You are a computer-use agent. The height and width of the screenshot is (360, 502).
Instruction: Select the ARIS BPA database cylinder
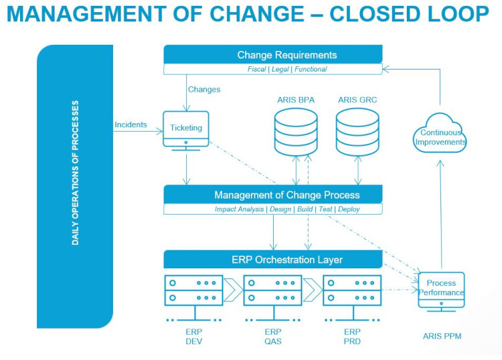[296, 132]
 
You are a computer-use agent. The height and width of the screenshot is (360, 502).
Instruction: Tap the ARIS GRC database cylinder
[357, 132]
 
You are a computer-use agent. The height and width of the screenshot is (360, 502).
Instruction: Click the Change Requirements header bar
[273, 54]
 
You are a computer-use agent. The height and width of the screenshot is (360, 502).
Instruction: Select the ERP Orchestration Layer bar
[273, 259]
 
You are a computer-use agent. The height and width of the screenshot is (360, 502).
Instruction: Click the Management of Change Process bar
[273, 194]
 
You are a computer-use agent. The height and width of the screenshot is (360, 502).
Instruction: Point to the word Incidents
[131, 124]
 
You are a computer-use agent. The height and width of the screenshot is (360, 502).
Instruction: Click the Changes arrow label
[204, 89]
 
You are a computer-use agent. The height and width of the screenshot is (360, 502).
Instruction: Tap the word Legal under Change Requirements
[280, 69]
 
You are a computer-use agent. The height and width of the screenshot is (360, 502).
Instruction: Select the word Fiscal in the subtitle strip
[256, 69]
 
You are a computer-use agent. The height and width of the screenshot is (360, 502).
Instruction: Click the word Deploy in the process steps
[349, 209]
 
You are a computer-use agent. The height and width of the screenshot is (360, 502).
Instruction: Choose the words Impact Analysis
[239, 209]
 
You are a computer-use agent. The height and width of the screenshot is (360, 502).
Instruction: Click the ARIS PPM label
[442, 336]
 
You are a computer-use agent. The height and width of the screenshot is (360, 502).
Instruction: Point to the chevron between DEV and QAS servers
[233, 290]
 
